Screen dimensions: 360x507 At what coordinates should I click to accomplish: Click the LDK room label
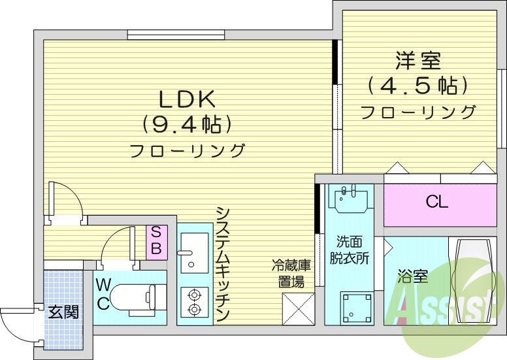click(187, 99)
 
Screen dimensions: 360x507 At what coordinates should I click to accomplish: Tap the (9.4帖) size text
click(187, 124)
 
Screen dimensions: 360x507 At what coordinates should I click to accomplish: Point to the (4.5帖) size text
click(418, 85)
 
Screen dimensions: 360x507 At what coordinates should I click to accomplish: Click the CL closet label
click(437, 202)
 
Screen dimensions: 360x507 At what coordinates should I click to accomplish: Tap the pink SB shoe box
click(156, 240)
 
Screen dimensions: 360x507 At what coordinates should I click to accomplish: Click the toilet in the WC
click(133, 298)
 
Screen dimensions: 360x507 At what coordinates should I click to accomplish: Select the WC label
click(103, 293)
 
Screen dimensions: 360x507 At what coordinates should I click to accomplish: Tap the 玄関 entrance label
click(63, 311)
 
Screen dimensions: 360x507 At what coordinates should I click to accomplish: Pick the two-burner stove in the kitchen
click(193, 301)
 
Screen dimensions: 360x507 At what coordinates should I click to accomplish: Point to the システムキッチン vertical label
click(222, 264)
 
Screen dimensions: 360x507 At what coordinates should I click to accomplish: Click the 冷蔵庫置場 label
click(292, 274)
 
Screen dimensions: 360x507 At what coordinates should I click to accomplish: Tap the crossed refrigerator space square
click(297, 307)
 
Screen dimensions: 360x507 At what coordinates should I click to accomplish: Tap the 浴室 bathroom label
click(413, 276)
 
